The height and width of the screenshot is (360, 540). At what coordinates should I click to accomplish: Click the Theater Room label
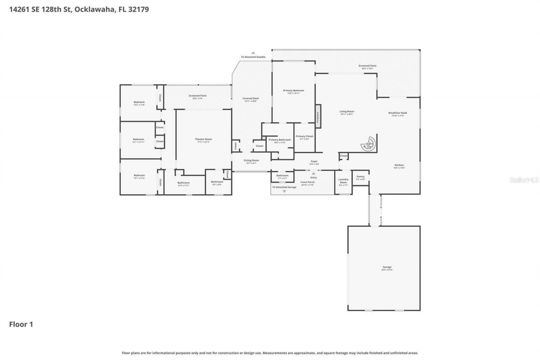coord(203,139)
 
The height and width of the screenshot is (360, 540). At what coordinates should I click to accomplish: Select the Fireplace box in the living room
coord(318,116)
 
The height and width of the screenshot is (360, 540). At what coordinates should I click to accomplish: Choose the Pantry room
coord(360,177)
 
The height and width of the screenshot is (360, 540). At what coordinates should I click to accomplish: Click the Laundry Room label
coord(343,181)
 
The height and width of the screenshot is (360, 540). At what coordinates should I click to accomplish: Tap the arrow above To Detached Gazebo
coord(253,53)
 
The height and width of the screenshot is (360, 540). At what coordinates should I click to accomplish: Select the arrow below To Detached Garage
coord(284,192)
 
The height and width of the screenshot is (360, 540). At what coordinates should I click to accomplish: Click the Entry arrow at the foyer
coord(313,173)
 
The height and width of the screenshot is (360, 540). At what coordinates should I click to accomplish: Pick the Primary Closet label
coord(304,137)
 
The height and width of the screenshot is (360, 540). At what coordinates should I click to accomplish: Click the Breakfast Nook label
coord(398,113)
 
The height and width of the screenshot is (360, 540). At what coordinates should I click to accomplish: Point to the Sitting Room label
coord(251,160)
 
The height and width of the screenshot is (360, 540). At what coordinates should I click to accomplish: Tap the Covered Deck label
coord(251,99)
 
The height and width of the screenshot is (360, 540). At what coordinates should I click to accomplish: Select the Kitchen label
coord(399,165)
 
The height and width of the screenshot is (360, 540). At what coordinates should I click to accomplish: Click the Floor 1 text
coord(21,324)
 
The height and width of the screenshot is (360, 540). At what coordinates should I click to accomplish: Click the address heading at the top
coord(79,9)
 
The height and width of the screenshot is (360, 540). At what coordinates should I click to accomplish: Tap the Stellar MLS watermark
coord(524,180)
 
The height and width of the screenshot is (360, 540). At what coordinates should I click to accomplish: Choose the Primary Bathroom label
coord(280,140)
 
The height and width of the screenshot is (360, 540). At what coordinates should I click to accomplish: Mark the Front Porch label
coord(308,182)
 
